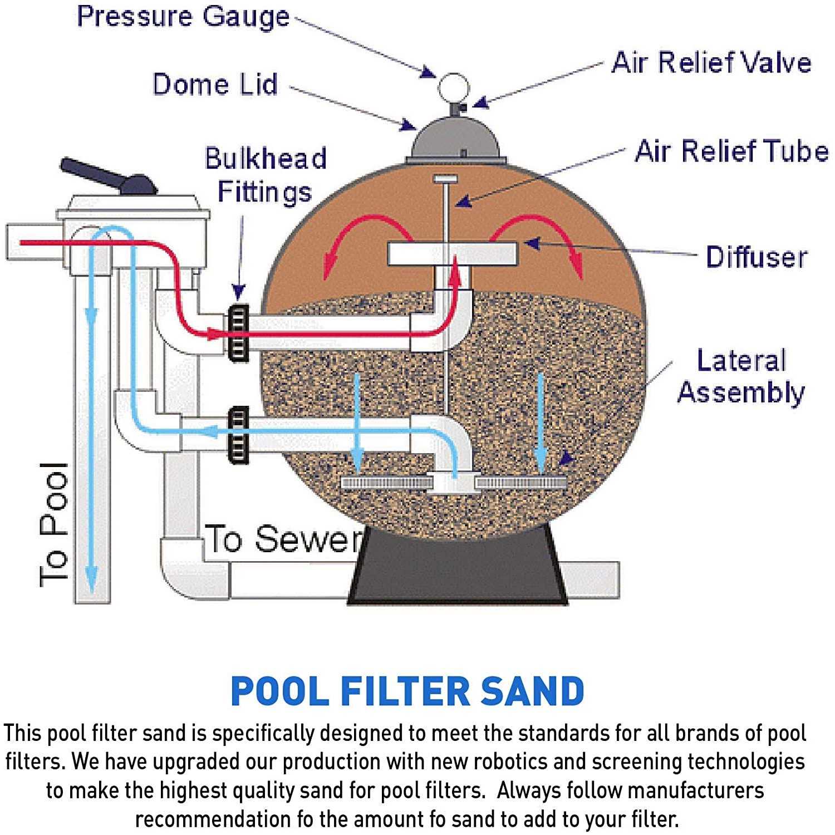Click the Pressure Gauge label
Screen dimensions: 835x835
[183, 17]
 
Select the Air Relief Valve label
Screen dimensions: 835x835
[711, 62]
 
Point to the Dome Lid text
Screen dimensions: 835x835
[215, 85]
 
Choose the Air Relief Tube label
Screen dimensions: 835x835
[731, 151]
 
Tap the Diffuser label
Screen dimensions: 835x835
[756, 257]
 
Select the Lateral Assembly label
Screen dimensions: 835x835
[741, 376]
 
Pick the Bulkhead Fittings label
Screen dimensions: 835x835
[266, 175]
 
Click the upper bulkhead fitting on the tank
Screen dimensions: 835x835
[238, 332]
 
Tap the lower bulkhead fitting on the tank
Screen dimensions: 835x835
[238, 435]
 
